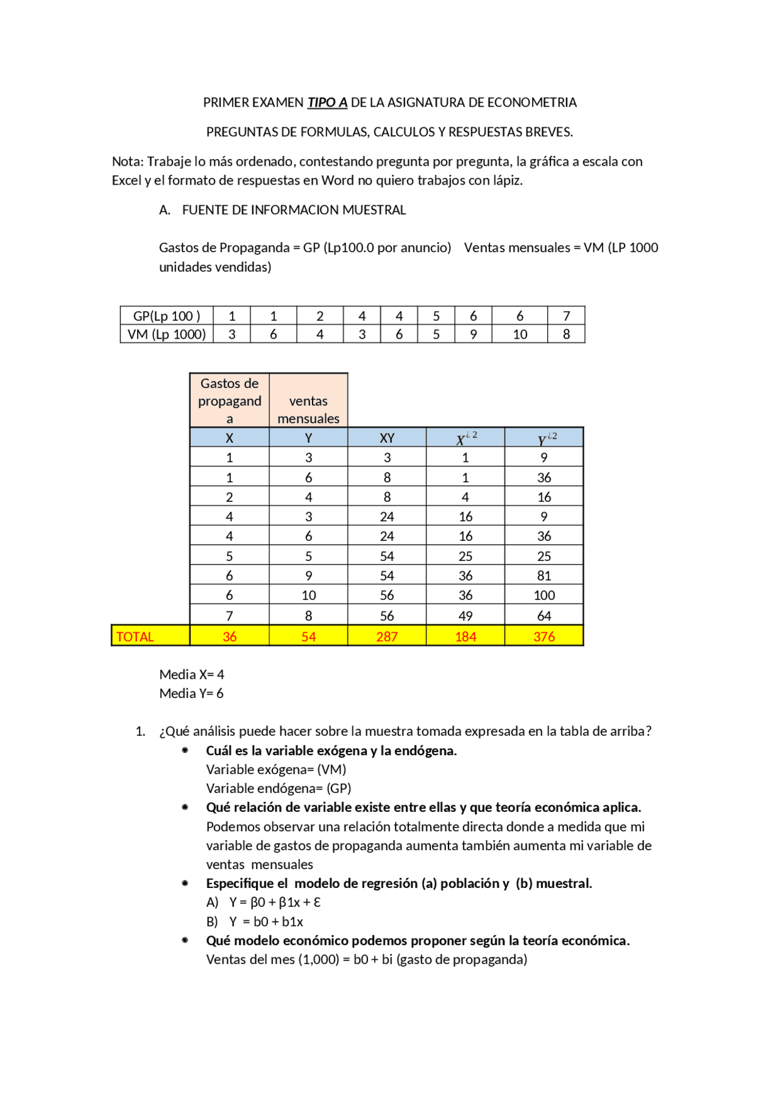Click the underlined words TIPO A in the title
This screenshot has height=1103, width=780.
click(x=327, y=102)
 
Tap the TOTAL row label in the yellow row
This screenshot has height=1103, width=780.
click(x=135, y=636)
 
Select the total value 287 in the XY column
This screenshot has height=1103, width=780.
click(x=386, y=636)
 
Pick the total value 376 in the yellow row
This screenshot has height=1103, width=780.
click(x=544, y=636)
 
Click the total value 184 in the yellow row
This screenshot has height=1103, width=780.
click(x=465, y=636)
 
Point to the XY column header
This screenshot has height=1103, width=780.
click(x=386, y=438)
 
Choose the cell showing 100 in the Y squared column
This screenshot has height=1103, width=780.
click(x=544, y=595)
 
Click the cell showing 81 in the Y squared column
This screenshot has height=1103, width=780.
click(x=544, y=576)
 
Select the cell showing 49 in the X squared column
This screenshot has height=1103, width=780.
click(x=465, y=616)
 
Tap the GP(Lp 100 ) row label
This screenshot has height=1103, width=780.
click(x=166, y=316)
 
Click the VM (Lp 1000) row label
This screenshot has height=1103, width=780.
click(x=166, y=334)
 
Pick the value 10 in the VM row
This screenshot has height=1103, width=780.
click(x=520, y=334)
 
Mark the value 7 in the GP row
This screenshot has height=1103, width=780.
click(x=566, y=316)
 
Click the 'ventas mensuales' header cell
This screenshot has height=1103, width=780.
click(x=308, y=409)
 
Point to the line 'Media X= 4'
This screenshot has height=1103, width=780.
click(x=191, y=674)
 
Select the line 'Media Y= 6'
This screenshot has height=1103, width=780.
click(x=191, y=693)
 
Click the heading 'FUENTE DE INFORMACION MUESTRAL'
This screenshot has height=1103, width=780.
click(x=294, y=210)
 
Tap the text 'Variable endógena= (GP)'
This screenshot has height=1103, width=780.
click(x=278, y=788)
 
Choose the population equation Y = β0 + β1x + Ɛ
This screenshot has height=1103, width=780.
click(x=275, y=902)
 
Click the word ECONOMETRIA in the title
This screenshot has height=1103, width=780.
click(x=531, y=102)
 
